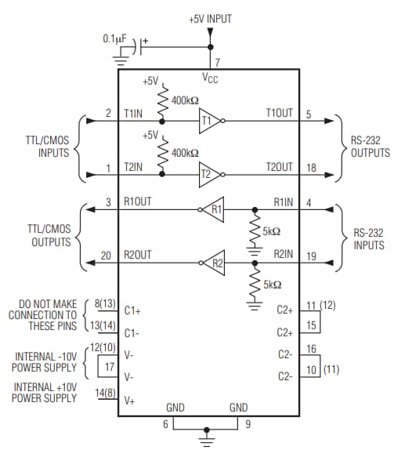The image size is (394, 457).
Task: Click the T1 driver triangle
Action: tap(208, 122)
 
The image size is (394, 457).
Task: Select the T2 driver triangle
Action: tap(208, 175)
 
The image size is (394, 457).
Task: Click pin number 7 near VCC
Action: tap(217, 61)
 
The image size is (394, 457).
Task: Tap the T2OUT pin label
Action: tap(279, 167)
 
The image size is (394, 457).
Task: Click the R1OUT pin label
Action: tap(138, 201)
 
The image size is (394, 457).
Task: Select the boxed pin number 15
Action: tap(312, 324)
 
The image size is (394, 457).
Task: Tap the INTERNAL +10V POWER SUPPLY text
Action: tap(45, 392)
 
